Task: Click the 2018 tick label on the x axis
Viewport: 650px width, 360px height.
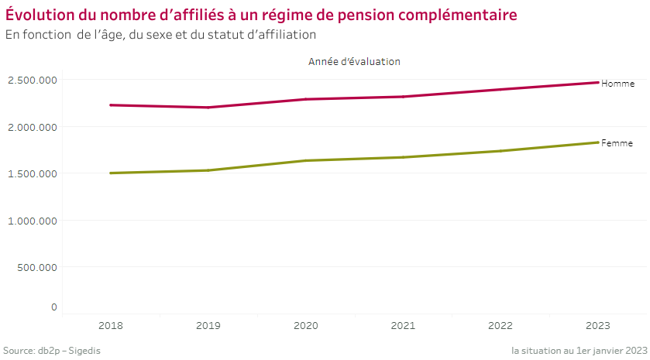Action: [x=111, y=327]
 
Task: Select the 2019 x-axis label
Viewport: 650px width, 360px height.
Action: [x=208, y=327]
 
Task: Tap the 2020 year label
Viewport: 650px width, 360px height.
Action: [x=306, y=327]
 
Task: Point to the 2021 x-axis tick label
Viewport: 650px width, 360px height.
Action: [x=404, y=327]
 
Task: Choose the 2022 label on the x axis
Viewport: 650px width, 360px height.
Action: [x=500, y=327]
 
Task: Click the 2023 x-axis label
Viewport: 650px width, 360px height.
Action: [x=598, y=327]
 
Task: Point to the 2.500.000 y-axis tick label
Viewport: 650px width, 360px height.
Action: [x=33, y=80]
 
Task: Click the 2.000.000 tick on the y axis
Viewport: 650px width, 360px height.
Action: [x=33, y=127]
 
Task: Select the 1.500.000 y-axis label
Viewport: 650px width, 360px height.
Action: [x=33, y=173]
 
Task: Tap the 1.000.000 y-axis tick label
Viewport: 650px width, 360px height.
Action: [x=33, y=221]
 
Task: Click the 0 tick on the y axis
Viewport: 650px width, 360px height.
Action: [x=54, y=307]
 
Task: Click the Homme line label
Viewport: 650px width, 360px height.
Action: [x=617, y=84]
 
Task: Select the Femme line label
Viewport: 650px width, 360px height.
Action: [x=617, y=143]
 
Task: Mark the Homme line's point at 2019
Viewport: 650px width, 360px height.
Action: [x=208, y=108]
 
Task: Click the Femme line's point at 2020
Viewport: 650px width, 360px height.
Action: [x=306, y=160]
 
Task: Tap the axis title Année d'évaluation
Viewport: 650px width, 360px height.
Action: [x=354, y=61]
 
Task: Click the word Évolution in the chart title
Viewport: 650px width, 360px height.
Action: [x=39, y=15]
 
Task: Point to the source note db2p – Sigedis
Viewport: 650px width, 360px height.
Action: [x=52, y=351]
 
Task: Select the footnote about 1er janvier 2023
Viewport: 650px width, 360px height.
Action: [x=579, y=351]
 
